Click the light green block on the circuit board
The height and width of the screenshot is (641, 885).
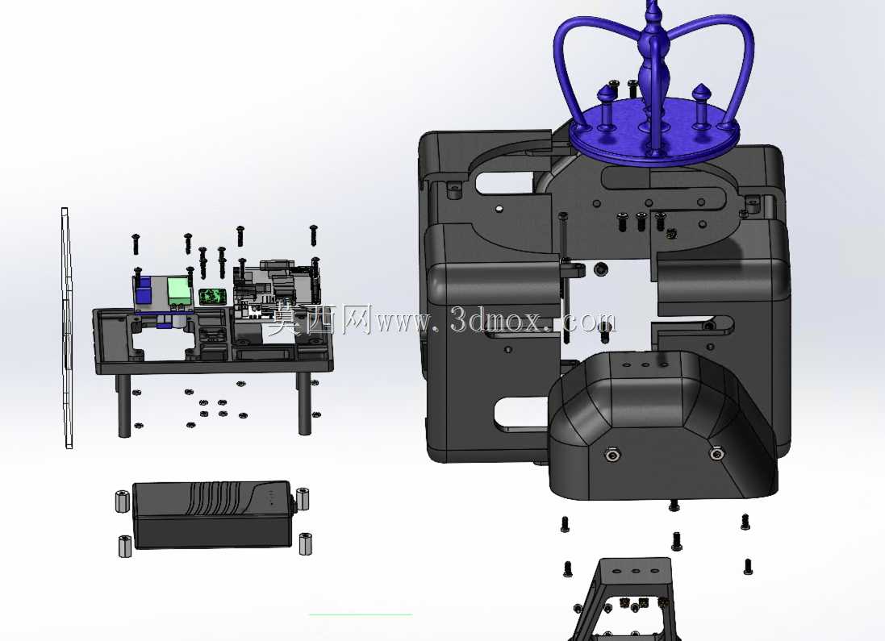click(x=178, y=291)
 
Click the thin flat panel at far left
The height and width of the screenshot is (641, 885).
click(x=67, y=328)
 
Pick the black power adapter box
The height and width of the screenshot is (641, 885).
click(x=212, y=514)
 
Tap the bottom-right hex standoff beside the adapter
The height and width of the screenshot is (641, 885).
click(x=305, y=543)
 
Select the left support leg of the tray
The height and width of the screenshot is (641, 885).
click(x=123, y=405)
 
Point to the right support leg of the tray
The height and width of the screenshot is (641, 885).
click(x=305, y=403)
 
